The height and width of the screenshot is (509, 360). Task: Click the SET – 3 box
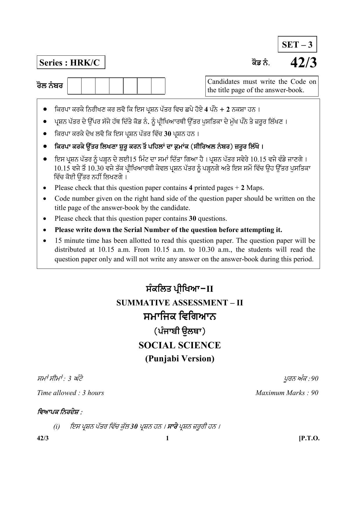tap(297, 44)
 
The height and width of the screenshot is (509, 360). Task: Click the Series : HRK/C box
tap(71, 63)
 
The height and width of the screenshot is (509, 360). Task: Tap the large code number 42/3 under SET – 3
tap(303, 63)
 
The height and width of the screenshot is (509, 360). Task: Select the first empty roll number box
tap(75, 86)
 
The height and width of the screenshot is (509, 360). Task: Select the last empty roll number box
tap(158, 86)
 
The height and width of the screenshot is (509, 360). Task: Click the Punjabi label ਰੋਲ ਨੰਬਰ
tap(50, 86)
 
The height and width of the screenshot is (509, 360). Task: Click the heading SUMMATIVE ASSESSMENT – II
tap(180, 303)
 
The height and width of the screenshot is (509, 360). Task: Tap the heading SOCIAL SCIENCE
tap(180, 345)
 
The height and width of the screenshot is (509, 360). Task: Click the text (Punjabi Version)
tap(180, 359)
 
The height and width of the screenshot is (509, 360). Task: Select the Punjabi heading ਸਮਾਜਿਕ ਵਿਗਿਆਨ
tap(180, 316)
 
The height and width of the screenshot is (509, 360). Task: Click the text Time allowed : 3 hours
tap(70, 393)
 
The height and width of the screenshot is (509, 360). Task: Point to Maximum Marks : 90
tap(287, 393)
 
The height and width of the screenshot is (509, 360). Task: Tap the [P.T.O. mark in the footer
tap(309, 438)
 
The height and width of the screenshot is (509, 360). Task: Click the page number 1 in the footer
tap(167, 438)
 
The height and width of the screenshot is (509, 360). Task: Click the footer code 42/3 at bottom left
tap(43, 438)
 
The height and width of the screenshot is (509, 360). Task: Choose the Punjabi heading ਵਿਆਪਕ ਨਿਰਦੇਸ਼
tap(59, 412)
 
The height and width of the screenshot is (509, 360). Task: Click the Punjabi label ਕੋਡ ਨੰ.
tap(260, 63)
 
